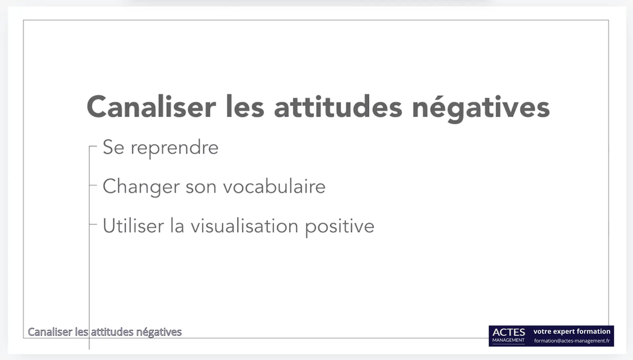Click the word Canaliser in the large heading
click(x=151, y=107)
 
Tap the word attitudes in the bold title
click(x=338, y=107)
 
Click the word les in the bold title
click(x=245, y=107)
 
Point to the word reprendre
click(x=174, y=148)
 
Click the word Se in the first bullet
click(x=113, y=147)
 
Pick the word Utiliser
click(x=133, y=226)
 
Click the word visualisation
click(x=244, y=226)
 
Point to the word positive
click(x=340, y=227)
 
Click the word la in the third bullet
click(x=177, y=226)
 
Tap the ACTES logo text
click(x=509, y=332)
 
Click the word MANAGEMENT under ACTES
click(x=508, y=340)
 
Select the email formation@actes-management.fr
click(x=572, y=341)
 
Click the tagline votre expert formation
click(x=572, y=331)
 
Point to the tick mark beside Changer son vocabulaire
click(x=93, y=185)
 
